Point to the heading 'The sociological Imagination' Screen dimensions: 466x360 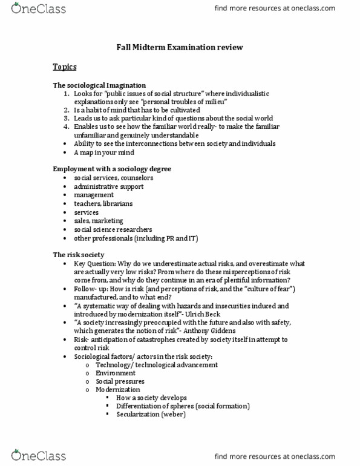(x=99, y=85)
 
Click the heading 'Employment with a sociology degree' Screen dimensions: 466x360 (x=112, y=168)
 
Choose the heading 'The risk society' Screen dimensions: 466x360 (x=79, y=255)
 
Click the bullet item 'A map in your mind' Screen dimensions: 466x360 (x=104, y=153)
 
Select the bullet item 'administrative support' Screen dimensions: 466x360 (x=109, y=186)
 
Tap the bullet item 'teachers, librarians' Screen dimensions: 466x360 (x=103, y=204)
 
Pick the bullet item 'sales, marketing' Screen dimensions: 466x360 (x=99, y=221)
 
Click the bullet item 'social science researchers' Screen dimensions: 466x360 (x=113, y=229)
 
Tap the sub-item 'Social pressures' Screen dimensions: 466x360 (x=120, y=382)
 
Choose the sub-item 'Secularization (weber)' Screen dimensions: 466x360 (x=151, y=415)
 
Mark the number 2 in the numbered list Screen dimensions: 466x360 (x=66, y=110)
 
